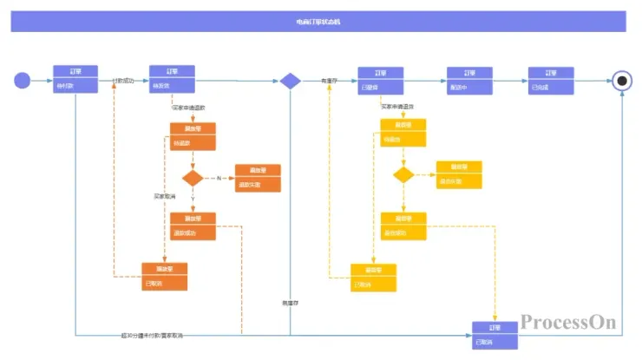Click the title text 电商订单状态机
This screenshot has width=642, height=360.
(318, 21)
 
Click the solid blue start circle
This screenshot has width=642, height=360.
(23, 81)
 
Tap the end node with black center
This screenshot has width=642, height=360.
(620, 82)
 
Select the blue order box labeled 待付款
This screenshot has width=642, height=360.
(75, 80)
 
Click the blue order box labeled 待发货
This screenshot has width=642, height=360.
(171, 80)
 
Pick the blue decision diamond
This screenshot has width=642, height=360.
(290, 81)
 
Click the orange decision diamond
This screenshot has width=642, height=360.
(193, 178)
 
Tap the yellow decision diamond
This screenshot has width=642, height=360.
(403, 174)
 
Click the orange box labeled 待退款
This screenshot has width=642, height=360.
(193, 137)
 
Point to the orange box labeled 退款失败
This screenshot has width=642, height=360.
(258, 178)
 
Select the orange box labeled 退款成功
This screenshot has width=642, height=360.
(193, 226)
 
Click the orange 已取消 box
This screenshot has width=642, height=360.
(165, 277)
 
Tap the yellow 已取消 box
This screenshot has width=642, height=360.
(373, 278)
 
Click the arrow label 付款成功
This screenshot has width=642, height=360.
(123, 81)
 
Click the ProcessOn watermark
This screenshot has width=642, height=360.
(568, 323)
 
